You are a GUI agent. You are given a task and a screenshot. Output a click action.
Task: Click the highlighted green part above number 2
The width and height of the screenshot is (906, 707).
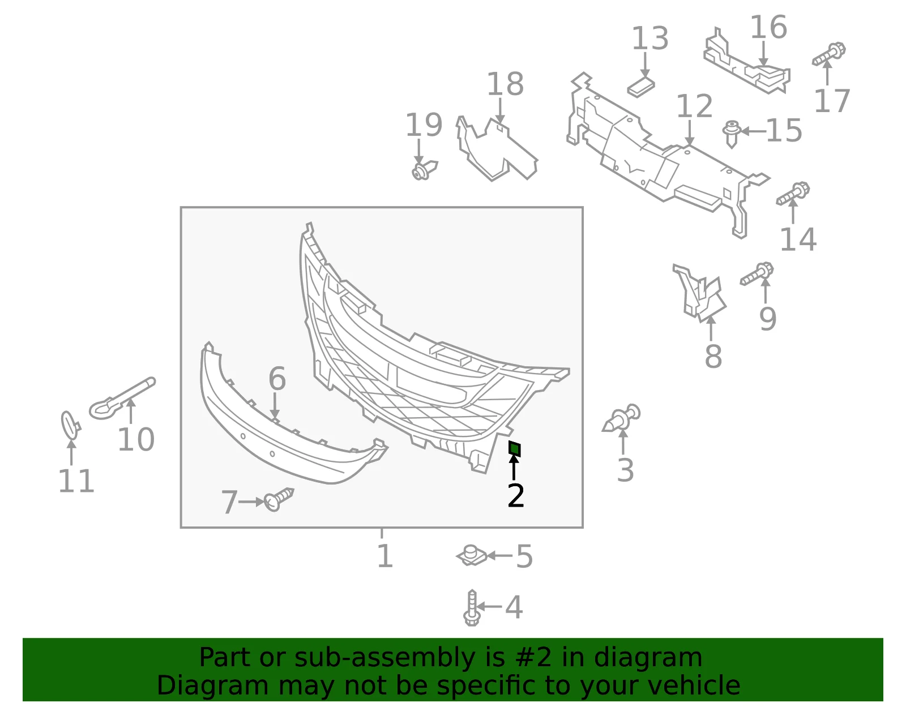point(515,449)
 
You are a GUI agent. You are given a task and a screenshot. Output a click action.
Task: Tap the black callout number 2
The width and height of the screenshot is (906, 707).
point(516,496)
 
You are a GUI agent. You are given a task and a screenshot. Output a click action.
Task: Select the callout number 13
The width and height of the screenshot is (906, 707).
point(650,38)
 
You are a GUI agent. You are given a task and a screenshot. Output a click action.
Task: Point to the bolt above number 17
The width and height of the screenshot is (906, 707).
point(829,54)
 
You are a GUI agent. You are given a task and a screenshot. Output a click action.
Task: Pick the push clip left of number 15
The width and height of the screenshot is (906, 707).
point(732,134)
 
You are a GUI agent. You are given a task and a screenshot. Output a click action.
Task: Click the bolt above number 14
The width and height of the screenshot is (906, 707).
point(793,194)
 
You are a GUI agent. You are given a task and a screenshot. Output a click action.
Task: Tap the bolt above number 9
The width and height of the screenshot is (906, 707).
point(757,273)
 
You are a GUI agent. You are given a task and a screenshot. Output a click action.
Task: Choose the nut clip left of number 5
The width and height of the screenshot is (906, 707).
point(472,556)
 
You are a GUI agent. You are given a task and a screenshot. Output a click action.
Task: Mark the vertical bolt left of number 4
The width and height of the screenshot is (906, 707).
point(472,608)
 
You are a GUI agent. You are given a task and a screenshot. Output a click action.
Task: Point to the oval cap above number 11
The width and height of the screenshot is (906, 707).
point(70,425)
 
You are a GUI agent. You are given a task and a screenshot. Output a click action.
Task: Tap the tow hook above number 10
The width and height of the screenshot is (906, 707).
point(122,399)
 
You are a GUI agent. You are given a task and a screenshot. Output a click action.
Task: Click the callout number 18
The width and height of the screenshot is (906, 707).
point(505,84)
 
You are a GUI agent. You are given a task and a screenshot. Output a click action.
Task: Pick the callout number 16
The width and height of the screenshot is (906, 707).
point(768,27)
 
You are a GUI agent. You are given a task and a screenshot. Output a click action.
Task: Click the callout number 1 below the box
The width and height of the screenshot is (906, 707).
point(385,556)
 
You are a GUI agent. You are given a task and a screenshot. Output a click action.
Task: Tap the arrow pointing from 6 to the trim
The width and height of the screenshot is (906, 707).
point(275,405)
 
